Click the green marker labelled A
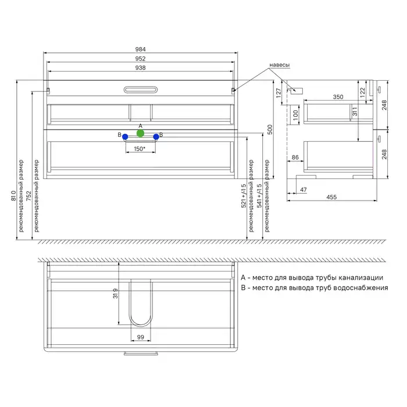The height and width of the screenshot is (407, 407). point(141,133)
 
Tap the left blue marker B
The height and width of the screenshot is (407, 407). point(125,137)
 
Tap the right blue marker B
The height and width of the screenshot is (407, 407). point(156,137)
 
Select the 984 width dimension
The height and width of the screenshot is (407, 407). point(141,49)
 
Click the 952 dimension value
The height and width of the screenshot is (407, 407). point(141,59)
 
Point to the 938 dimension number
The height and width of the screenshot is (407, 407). point(141,68)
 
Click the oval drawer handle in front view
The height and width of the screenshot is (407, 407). point(141,90)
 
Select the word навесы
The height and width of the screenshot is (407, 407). point(280,65)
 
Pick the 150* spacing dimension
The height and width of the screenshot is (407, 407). point(140,149)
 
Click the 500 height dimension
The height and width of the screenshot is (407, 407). point(270,130)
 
